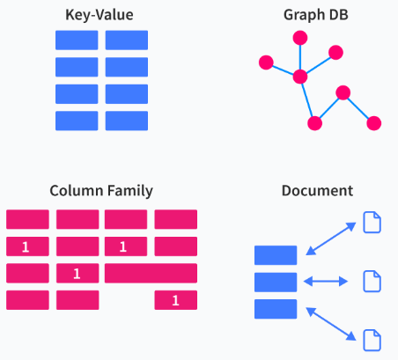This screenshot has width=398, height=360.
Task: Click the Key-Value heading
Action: coord(99,15)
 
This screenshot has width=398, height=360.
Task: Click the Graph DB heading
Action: coord(316,15)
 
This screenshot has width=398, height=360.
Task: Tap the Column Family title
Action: coord(101,191)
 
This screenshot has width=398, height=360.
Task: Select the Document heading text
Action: coord(317,191)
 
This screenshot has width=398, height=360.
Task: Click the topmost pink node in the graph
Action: coord(300,38)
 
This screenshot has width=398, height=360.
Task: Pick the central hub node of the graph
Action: coord(300,77)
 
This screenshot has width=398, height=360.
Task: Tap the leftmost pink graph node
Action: coord(266,62)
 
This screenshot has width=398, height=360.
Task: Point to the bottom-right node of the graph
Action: coord(374,123)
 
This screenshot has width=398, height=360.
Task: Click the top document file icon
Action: coord(372,223)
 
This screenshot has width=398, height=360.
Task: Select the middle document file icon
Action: coord(372,282)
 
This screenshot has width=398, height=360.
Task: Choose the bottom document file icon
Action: coord(372,341)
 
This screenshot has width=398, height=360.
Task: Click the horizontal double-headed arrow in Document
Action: coord(326,282)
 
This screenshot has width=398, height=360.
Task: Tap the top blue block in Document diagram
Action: coord(276,255)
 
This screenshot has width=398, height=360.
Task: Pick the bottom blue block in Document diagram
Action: coord(276,309)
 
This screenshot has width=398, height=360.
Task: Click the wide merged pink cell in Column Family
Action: coord(151,273)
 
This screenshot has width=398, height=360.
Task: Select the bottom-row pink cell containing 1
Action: coord(176,300)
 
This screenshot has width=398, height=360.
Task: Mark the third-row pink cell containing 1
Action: coord(77,273)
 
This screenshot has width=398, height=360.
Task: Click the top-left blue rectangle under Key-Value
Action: coord(77,40)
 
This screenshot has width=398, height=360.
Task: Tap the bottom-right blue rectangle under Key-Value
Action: coord(127,121)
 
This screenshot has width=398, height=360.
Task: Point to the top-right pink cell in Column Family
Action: coord(176,219)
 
